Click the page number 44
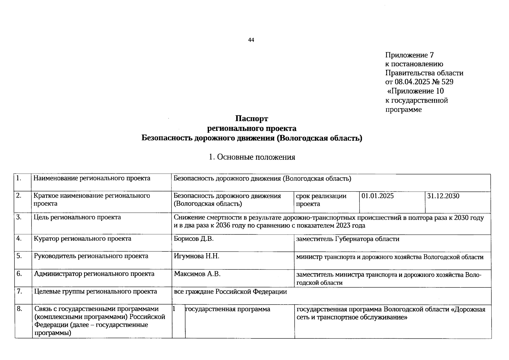click(x=251, y=40)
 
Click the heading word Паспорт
click(x=252, y=119)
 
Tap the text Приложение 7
click(x=409, y=55)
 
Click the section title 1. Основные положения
click(x=252, y=157)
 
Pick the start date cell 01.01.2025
click(x=378, y=196)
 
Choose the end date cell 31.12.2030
click(x=443, y=196)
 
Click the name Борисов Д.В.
click(x=193, y=239)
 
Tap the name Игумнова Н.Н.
click(x=196, y=256)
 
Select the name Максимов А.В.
click(x=197, y=274)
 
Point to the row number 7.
click(x=19, y=291)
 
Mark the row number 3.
click(x=19, y=217)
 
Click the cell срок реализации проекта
click(x=321, y=200)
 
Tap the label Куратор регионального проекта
click(x=82, y=239)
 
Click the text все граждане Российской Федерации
click(x=230, y=292)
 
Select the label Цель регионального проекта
click(x=77, y=217)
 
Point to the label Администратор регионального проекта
click(x=94, y=274)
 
